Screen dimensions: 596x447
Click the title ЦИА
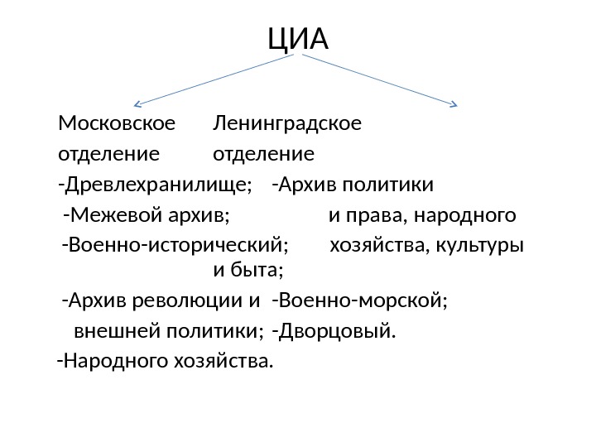[x=298, y=38]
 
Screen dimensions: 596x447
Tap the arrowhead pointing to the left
[x=137, y=104]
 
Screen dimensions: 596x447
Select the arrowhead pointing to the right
[x=453, y=104]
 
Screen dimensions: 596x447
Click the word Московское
[x=117, y=124]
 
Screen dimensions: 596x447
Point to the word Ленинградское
[x=287, y=124]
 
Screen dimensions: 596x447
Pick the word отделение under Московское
[x=108, y=154]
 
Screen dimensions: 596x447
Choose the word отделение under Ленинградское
[x=263, y=154]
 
